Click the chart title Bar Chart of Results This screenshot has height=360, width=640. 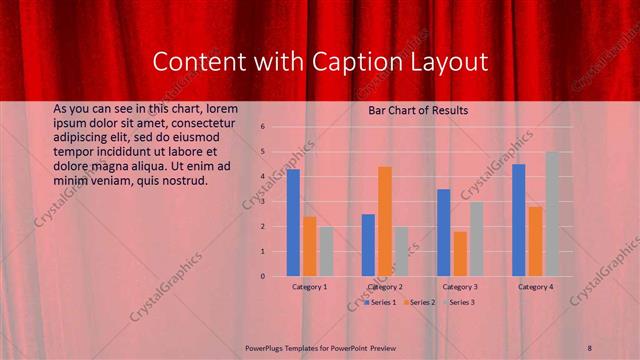pyautogui.click(x=412, y=111)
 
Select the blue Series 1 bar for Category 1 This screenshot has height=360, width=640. pyautogui.click(x=293, y=222)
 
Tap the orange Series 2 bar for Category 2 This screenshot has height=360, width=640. pyautogui.click(x=385, y=221)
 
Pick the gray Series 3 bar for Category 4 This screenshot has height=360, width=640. pyautogui.click(x=552, y=213)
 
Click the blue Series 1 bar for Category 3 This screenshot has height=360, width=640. pyautogui.click(x=444, y=232)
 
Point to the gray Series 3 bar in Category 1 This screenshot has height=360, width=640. pyautogui.click(x=326, y=251)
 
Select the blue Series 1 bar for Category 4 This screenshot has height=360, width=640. pyautogui.click(x=519, y=220)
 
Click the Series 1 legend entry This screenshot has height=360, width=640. pyautogui.click(x=380, y=301)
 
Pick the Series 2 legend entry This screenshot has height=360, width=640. pyautogui.click(x=420, y=301)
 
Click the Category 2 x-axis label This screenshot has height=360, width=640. pyautogui.click(x=385, y=287)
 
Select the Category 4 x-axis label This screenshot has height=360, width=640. pyautogui.click(x=536, y=287)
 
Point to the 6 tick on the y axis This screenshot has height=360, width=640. pyautogui.click(x=262, y=127)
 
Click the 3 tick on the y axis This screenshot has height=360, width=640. pyautogui.click(x=262, y=201)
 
